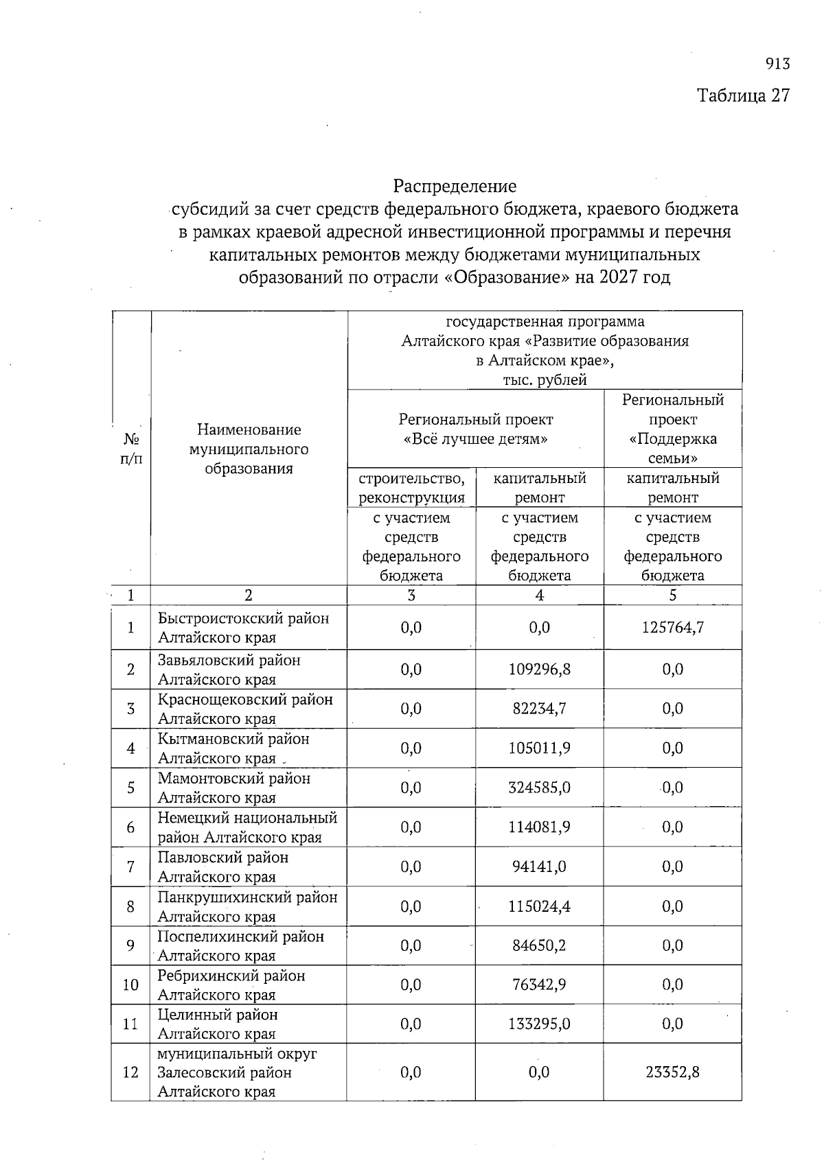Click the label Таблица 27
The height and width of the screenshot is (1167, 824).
(744, 95)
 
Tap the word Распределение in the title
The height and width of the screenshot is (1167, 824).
(455, 186)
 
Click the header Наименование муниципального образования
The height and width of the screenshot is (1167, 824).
(249, 449)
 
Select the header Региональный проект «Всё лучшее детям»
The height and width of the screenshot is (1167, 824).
(476, 429)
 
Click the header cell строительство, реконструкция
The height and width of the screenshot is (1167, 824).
(411, 488)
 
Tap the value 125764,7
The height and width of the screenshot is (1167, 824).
(673, 627)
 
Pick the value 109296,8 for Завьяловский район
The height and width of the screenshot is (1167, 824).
(540, 669)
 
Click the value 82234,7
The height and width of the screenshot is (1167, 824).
(540, 709)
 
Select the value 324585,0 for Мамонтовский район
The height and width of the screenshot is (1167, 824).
(540, 788)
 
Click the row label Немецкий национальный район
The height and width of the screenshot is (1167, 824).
(247, 827)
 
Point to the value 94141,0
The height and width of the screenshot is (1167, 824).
(540, 867)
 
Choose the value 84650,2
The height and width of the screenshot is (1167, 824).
(540, 945)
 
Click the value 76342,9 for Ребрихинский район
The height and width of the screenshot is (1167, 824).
(540, 985)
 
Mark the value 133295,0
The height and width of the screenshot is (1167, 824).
(540, 1024)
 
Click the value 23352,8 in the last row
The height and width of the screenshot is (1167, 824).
(673, 1072)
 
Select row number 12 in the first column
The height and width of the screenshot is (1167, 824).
(130, 1072)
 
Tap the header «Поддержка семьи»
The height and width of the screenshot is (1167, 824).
(673, 449)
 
